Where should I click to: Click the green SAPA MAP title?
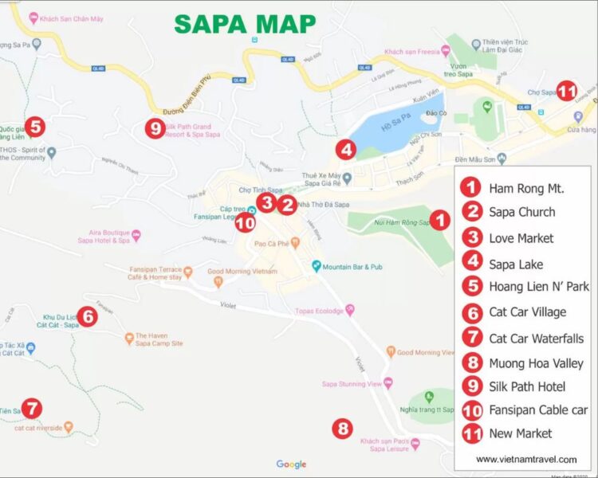pyautogui.click(x=245, y=23)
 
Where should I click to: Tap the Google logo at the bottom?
pyautogui.click(x=291, y=464)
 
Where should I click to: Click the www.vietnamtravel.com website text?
pyautogui.click(x=526, y=459)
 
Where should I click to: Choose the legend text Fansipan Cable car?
pyautogui.click(x=538, y=410)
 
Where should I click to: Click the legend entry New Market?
pyautogui.click(x=520, y=433)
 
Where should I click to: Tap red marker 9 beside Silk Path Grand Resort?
pyautogui.click(x=154, y=127)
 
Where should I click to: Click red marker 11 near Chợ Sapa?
pyautogui.click(x=567, y=91)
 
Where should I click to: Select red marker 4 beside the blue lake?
pyautogui.click(x=344, y=149)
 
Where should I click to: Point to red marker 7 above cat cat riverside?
pyautogui.click(x=30, y=409)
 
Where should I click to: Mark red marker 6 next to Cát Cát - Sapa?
pyautogui.click(x=88, y=317)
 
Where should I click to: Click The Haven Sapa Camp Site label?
pyautogui.click(x=159, y=339)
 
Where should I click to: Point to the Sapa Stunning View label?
pyautogui.click(x=352, y=383)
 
